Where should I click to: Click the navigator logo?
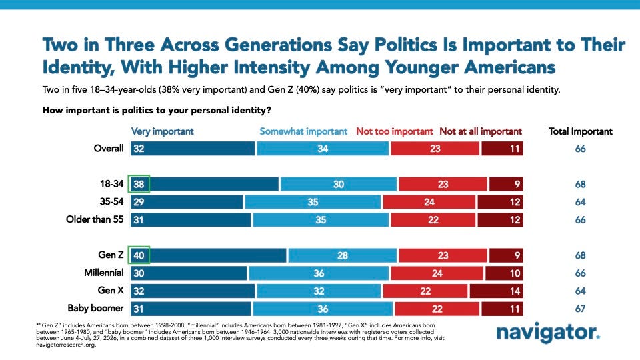[x=548, y=333]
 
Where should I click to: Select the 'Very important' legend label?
[x=162, y=131]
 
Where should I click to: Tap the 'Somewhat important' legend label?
[x=303, y=131]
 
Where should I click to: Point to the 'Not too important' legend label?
[x=394, y=131]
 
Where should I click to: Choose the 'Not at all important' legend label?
[x=481, y=131]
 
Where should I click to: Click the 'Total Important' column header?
[x=581, y=131]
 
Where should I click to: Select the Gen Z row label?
[x=111, y=255]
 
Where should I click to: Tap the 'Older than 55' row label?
[x=95, y=219]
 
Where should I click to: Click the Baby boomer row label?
[x=95, y=308]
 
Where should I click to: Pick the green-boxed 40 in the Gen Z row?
[x=139, y=255]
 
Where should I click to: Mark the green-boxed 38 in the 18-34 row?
[x=139, y=184]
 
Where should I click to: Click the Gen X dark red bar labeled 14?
[x=496, y=291]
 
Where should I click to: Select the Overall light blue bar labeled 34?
[x=323, y=149]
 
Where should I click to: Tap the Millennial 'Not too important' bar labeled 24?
[x=437, y=273]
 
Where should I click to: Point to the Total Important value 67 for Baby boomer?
[x=581, y=309]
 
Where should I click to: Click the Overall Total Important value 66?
[x=581, y=149]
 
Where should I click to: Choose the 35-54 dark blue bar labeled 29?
[x=187, y=202]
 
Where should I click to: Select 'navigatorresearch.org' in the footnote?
[x=66, y=345]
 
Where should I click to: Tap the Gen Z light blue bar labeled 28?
[x=342, y=255]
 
